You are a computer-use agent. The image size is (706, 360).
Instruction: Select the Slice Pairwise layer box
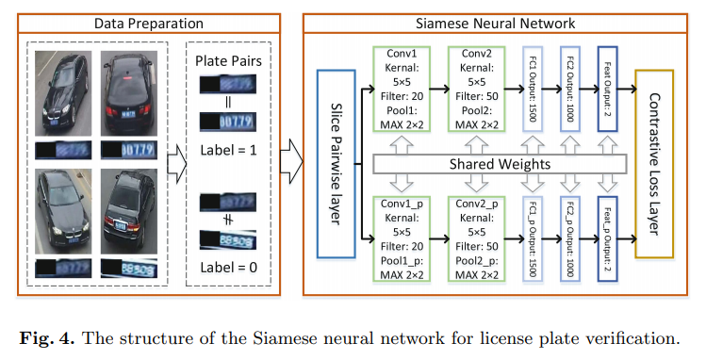click(x=337, y=163)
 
